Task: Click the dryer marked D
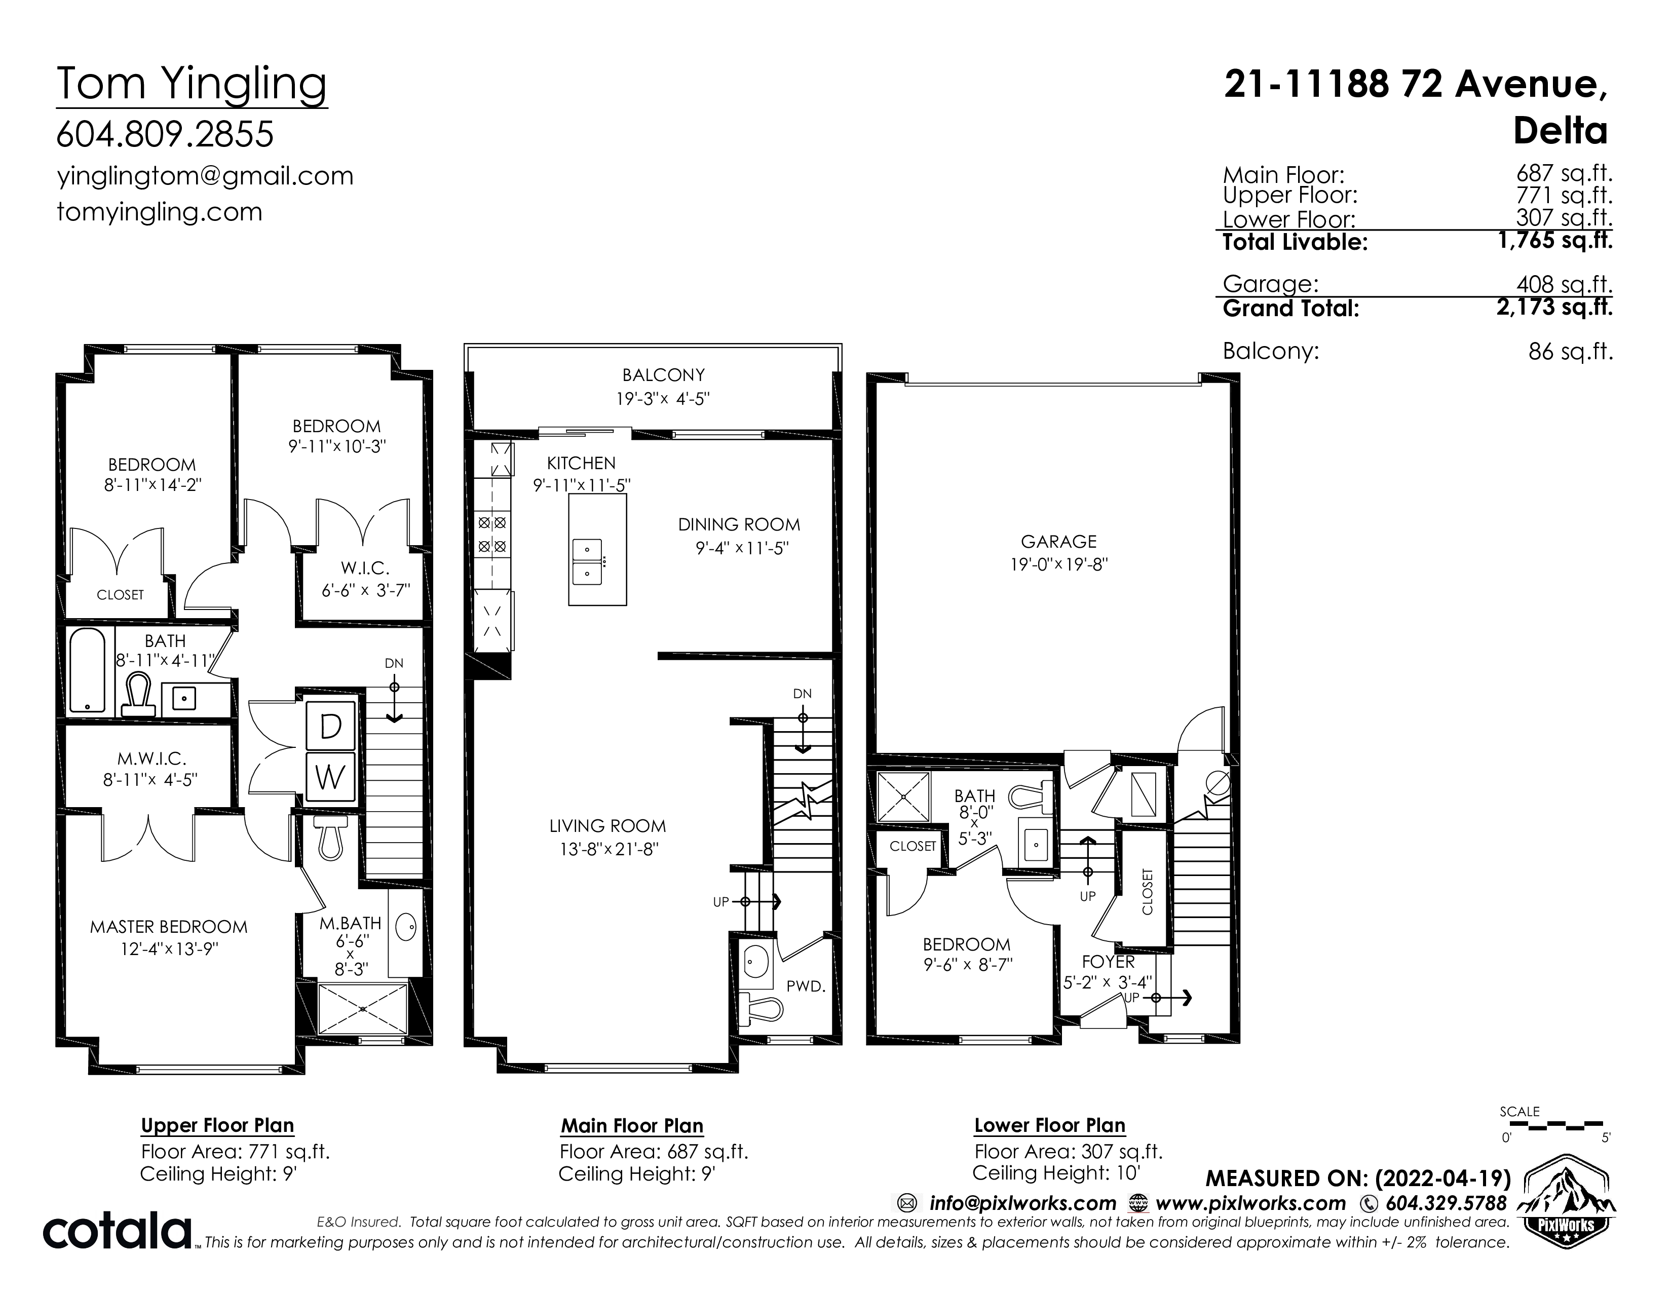(x=331, y=726)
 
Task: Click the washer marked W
(x=331, y=778)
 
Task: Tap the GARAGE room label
(x=1059, y=542)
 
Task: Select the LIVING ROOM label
(x=608, y=827)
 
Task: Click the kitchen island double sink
(x=587, y=560)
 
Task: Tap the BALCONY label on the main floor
(x=664, y=375)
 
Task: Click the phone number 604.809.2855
(x=165, y=135)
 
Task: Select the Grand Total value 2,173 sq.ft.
(x=1555, y=308)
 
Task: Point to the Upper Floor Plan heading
(x=217, y=1126)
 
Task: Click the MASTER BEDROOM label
(x=169, y=927)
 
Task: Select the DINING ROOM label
(x=740, y=525)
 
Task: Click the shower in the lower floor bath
(x=904, y=797)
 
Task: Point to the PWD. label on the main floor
(x=806, y=986)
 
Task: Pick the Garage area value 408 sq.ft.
(x=1565, y=285)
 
